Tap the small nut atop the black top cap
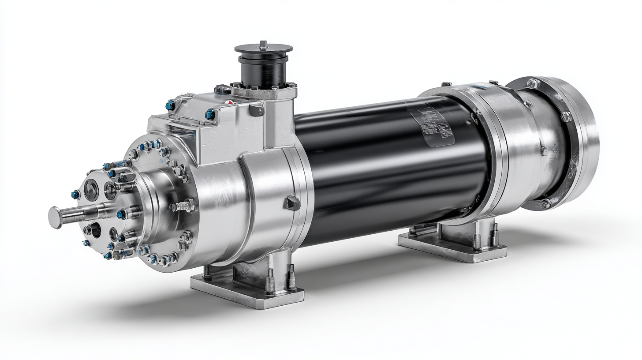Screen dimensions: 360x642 coord(263,44)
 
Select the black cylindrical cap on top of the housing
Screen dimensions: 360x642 coord(263,66)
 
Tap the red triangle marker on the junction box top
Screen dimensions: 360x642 coord(228,102)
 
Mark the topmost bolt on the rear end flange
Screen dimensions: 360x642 coord(533,83)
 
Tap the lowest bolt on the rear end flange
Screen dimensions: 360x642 coord(545,203)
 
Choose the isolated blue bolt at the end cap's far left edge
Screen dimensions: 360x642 coord(75,194)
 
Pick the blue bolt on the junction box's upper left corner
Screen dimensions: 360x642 coord(170,105)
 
